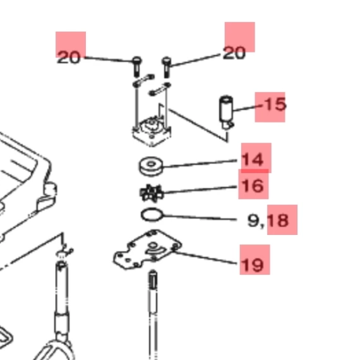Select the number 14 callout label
253,160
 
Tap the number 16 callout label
253,186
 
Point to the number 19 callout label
253,265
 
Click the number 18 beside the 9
278,220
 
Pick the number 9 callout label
253,220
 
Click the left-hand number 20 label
69,57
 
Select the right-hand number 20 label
234,53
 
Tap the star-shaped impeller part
152,193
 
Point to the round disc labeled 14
151,167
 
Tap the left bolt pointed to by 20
137,66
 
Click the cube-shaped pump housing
152,132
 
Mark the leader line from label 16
200,189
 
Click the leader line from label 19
205,258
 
